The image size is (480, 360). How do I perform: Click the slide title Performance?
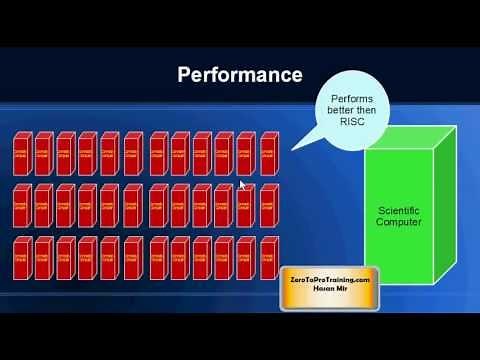239,74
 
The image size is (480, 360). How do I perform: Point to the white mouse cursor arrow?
243,185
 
